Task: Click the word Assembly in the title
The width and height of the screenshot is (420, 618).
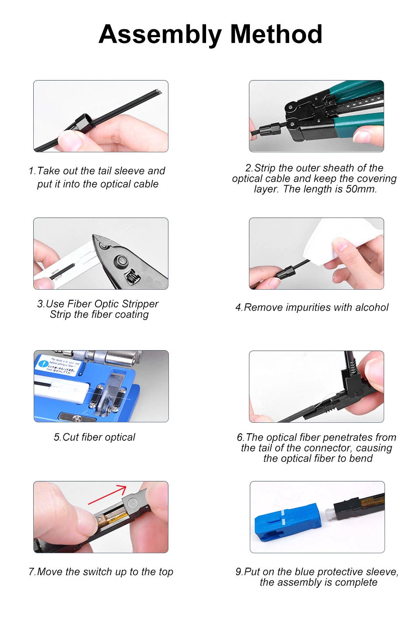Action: pyautogui.click(x=160, y=35)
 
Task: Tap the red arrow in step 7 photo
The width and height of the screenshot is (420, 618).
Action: pyautogui.click(x=107, y=495)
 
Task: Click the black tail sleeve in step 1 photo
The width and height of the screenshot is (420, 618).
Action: pyautogui.click(x=83, y=123)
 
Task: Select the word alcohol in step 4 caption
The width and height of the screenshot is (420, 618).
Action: pyautogui.click(x=372, y=307)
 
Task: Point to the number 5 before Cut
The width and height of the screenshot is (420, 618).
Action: pyautogui.click(x=57, y=437)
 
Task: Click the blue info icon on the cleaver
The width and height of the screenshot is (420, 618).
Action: pyautogui.click(x=43, y=364)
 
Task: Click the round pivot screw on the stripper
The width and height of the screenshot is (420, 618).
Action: pyautogui.click(x=121, y=260)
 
